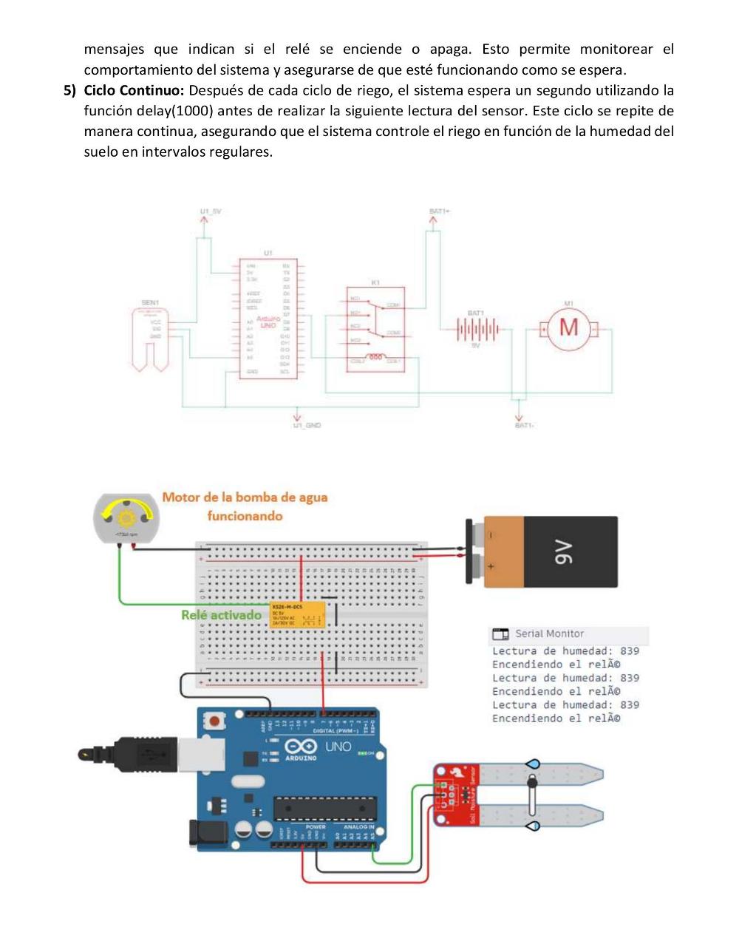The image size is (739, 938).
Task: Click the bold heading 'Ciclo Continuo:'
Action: click(x=134, y=91)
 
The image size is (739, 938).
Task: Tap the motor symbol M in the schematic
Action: click(x=568, y=327)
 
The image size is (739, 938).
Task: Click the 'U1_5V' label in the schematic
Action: click(x=211, y=211)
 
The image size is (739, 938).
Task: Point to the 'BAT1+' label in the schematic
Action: click(x=440, y=211)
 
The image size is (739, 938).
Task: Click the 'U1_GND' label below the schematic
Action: click(x=307, y=426)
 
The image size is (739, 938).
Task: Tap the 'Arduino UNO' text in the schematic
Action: click(x=268, y=322)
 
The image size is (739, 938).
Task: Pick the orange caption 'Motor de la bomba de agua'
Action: click(x=245, y=497)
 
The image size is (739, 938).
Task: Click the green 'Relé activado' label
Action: click(x=222, y=615)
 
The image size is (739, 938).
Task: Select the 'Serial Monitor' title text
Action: click(x=549, y=633)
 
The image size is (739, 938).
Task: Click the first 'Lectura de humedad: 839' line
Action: click(x=565, y=651)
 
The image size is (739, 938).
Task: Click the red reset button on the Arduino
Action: click(x=215, y=719)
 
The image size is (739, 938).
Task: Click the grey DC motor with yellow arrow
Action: click(x=126, y=519)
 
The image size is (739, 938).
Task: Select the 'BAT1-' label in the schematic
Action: click(x=524, y=426)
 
